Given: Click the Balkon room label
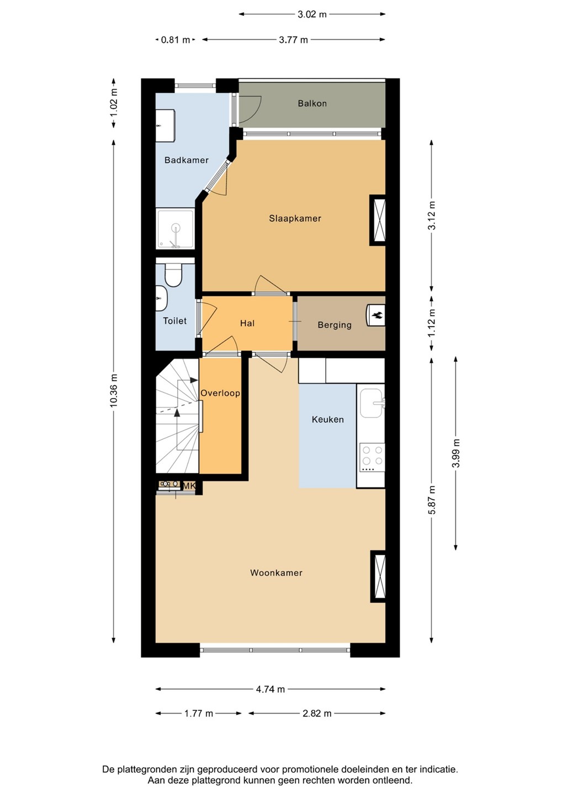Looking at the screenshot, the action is pos(312,103).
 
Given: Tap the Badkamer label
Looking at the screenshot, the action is pos(186,160).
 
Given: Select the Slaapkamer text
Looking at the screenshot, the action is pos(295,218).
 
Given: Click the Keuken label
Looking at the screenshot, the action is pos(328,420).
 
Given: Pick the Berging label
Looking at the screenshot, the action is pos(335,325).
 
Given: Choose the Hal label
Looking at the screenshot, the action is pos(247,323).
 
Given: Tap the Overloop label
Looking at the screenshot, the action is pos(220,394).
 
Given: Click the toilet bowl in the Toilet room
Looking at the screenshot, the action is pos(173,275).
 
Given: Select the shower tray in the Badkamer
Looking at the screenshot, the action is pos(176,229).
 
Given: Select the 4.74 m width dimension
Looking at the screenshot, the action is pos(271,689).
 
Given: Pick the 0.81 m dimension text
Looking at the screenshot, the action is pos(176,40).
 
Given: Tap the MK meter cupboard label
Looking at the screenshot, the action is pos(189,486).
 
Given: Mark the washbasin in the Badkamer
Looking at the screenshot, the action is pos(165,126).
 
